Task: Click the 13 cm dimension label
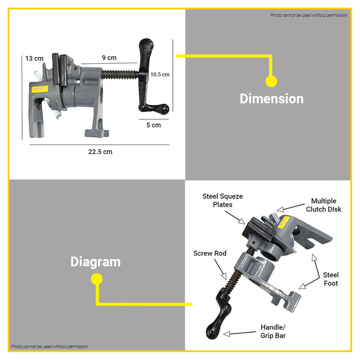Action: tap(34, 59)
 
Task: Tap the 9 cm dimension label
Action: tap(109, 58)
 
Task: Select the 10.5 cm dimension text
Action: tap(160, 75)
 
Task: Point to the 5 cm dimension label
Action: tap(154, 125)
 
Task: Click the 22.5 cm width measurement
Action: tap(100, 152)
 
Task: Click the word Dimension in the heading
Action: tap(272, 99)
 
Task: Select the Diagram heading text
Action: tap(96, 262)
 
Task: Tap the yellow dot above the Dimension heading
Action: tap(271, 81)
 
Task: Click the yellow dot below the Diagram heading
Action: tap(97, 279)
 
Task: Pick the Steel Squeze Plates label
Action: tap(223, 201)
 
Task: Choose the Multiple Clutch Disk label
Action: tap(323, 205)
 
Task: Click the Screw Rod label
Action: tap(210, 253)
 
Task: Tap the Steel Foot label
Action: tap(331, 279)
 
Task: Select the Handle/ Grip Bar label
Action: tap(273, 331)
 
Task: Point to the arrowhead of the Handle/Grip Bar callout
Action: tap(227, 334)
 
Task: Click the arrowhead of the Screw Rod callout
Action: tap(224, 276)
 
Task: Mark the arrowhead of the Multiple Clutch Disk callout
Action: tap(280, 209)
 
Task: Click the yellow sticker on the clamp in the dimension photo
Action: tap(40, 89)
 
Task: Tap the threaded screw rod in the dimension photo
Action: tap(120, 75)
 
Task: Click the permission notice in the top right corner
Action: tap(309, 15)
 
